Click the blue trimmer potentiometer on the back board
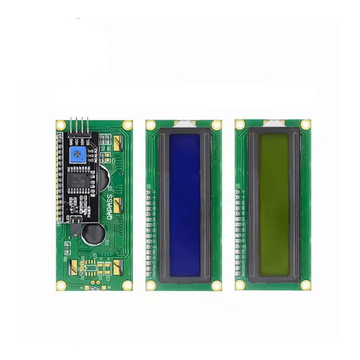coord(78,152)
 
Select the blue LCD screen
coord(184,204)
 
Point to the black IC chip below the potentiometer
coord(80,182)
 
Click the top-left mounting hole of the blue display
coord(150,125)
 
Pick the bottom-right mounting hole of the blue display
coord(217,285)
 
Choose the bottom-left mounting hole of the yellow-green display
coord(240,285)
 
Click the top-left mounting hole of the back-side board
coord(61,125)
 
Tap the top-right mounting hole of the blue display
coord(217,125)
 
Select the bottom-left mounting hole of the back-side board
coord(61,285)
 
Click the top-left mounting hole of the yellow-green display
coord(240,125)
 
